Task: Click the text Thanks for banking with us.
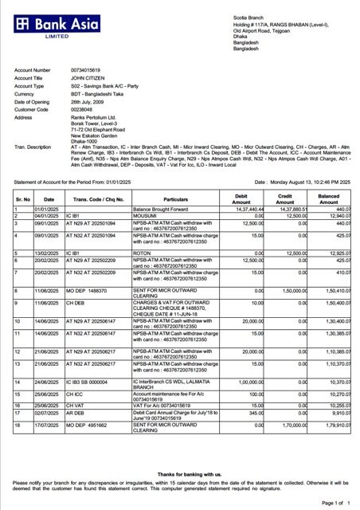click(x=180, y=474)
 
